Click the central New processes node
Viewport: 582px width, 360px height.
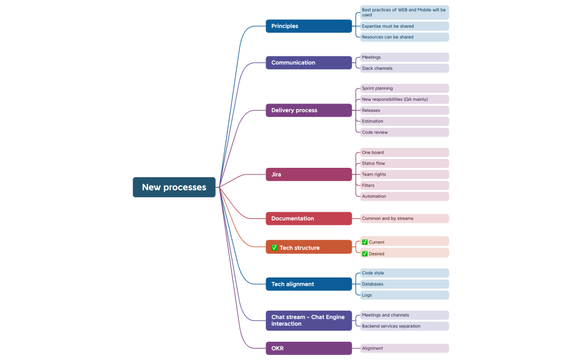tap(174, 187)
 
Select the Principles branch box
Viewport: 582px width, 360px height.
tap(309, 26)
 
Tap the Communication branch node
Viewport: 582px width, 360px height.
tap(309, 63)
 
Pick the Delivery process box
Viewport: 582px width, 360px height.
tap(309, 110)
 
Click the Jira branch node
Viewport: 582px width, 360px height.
tap(309, 174)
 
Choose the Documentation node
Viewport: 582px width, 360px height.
tap(309, 218)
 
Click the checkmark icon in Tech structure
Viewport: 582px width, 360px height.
tap(274, 248)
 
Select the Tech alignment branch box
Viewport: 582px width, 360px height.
tap(309, 284)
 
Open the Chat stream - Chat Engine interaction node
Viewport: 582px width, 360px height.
tap(309, 320)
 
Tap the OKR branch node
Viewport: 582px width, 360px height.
tap(309, 348)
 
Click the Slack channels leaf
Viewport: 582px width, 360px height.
tap(404, 68)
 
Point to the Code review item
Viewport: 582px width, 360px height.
tap(404, 132)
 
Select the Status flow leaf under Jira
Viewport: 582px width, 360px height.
tap(404, 163)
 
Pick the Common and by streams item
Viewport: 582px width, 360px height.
tap(404, 218)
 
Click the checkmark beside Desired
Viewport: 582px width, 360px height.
tap(365, 254)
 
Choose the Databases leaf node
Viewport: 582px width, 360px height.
tap(404, 284)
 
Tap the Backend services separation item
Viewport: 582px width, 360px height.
tap(404, 326)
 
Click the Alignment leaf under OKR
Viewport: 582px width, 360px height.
tap(404, 348)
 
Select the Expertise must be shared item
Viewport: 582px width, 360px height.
tap(404, 26)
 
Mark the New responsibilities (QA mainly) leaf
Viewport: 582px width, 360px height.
tap(404, 99)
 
